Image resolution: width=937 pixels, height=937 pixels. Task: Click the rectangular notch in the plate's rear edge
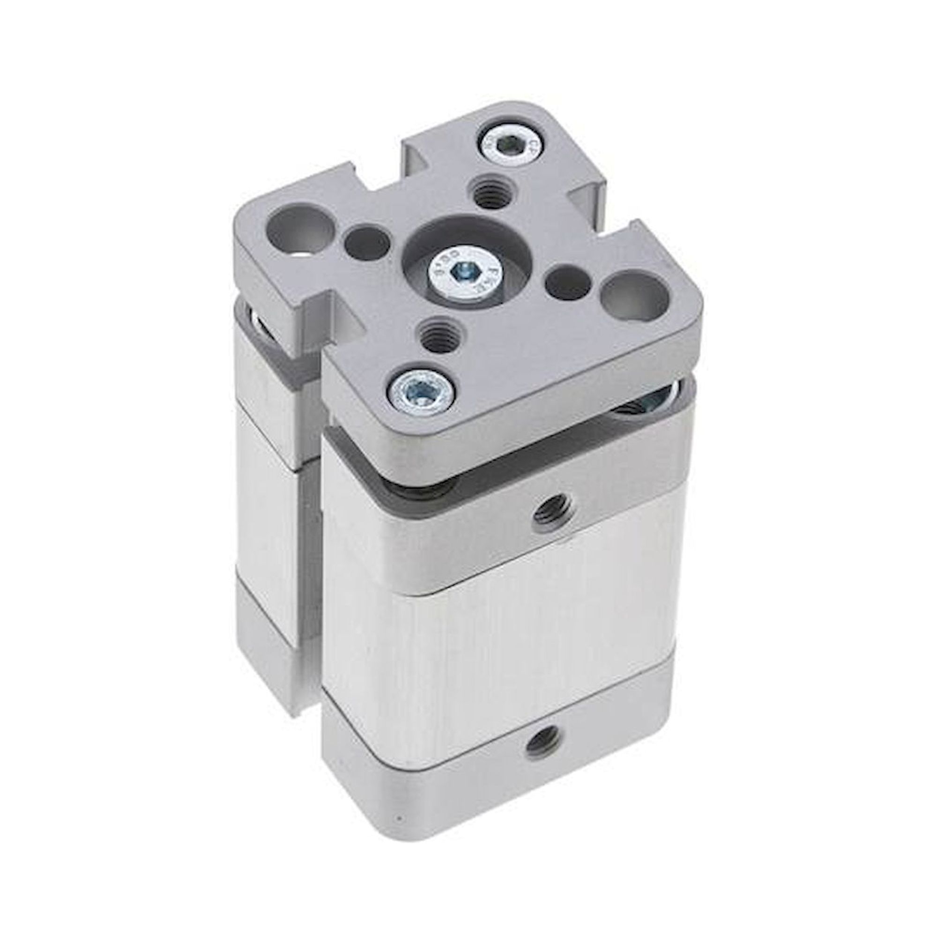(417, 160)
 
